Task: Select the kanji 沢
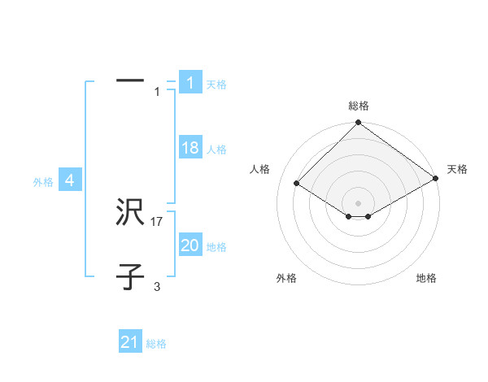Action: tap(130, 214)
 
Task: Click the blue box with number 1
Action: tap(190, 83)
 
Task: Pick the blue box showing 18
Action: tap(190, 148)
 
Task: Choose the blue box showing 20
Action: tap(190, 245)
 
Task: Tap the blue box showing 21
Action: tap(129, 342)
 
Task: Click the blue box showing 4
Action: tap(70, 180)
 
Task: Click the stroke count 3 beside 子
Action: tap(157, 287)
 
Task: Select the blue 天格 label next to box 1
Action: tap(216, 85)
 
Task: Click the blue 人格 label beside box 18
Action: tap(216, 150)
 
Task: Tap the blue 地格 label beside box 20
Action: tap(216, 247)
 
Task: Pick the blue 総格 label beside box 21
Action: tap(156, 344)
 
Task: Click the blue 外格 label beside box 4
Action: tap(43, 183)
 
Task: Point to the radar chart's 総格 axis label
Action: tap(359, 106)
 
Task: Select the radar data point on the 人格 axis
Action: tap(297, 184)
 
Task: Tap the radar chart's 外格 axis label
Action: tap(286, 279)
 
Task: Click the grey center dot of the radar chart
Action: tap(358, 202)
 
